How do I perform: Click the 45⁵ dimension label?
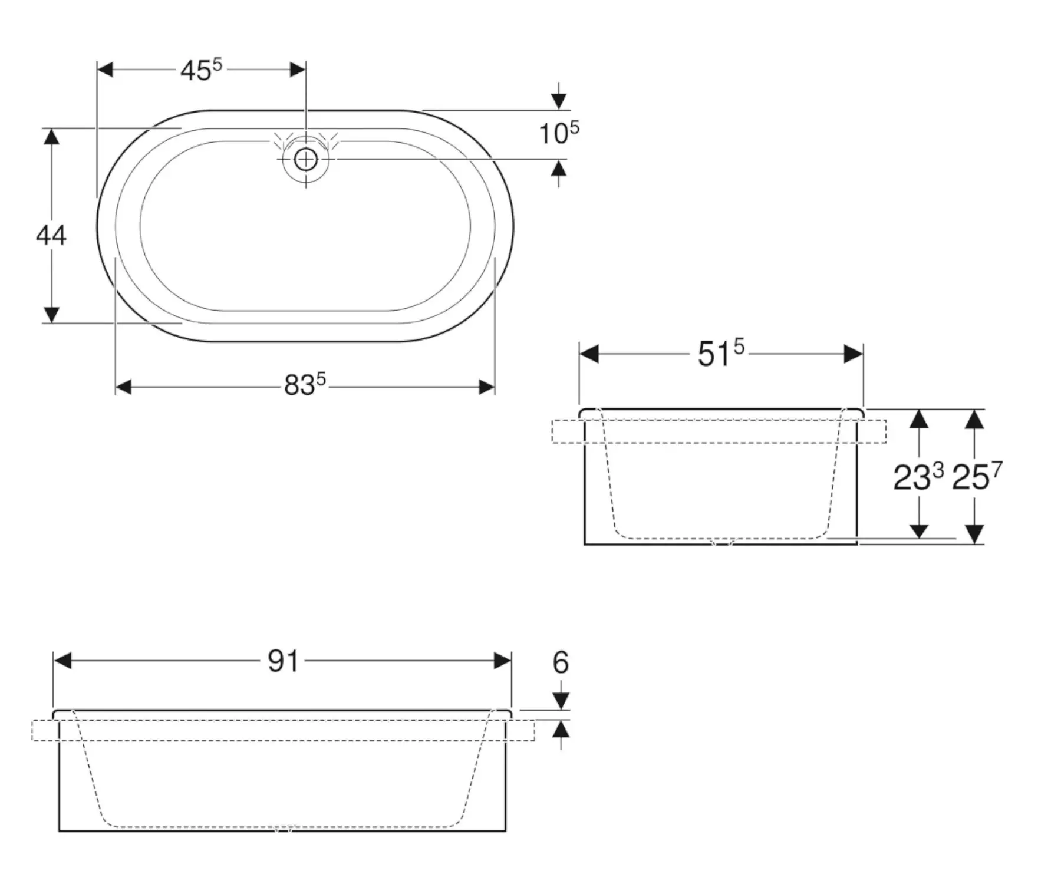[x=201, y=70]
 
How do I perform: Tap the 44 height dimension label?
[x=51, y=236]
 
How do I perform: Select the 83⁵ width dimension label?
[x=305, y=385]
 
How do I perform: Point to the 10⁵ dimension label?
[x=559, y=133]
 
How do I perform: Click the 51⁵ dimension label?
[x=721, y=355]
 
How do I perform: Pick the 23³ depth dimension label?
[x=918, y=477]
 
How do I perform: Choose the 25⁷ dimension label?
[x=977, y=477]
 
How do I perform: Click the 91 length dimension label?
[x=284, y=661]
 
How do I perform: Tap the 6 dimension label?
[x=561, y=662]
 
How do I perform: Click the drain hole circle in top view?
[x=305, y=159]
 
